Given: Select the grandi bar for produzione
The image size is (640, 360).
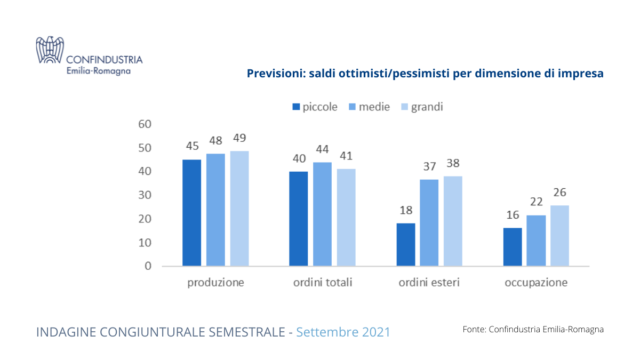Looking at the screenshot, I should tap(239, 208).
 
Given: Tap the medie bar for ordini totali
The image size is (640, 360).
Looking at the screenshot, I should tap(322, 214).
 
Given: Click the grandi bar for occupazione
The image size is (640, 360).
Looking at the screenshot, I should tap(559, 235).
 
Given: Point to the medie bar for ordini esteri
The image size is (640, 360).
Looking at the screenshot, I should tap(429, 222).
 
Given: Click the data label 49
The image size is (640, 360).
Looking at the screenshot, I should tap(239, 138).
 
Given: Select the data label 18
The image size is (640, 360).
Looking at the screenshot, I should tap(406, 210).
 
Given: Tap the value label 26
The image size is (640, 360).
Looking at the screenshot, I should tap(559, 193).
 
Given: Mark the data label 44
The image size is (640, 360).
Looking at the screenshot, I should tap(322, 149).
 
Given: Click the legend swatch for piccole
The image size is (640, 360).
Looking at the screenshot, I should tap(296, 107).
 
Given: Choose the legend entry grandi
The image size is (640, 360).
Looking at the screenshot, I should tap(427, 107).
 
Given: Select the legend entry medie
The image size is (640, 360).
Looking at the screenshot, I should tap(374, 107).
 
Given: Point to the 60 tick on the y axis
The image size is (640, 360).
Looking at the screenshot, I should tap(145, 124).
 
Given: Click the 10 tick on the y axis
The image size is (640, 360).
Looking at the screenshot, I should tap(145, 243).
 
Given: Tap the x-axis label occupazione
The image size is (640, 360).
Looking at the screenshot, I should tap(536, 283).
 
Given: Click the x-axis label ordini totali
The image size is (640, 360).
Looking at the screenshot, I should tap(323, 283).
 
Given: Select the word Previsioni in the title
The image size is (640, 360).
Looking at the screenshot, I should tap(273, 74).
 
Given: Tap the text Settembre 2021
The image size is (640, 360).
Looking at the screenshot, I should tap(343, 332).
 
